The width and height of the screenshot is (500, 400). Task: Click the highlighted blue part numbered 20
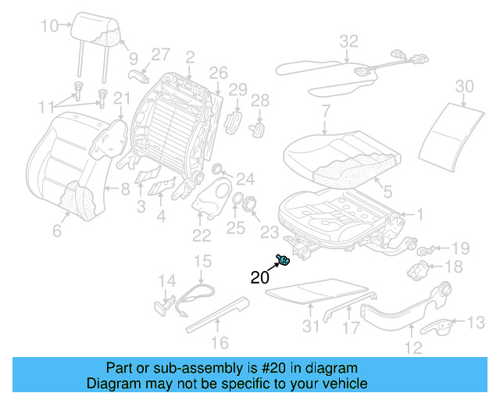(284, 260)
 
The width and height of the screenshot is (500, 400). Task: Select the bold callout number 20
(261, 277)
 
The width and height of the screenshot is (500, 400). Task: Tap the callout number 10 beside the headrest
(49, 26)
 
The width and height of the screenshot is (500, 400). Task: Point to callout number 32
(348, 40)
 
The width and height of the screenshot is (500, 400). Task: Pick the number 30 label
(464, 85)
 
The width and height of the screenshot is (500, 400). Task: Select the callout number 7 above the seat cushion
(326, 111)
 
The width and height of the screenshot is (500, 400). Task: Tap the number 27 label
(160, 54)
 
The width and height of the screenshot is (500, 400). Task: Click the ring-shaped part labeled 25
(242, 202)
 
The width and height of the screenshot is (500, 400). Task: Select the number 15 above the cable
(202, 261)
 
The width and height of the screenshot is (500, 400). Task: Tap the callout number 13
(475, 321)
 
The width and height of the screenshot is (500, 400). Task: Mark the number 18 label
(454, 267)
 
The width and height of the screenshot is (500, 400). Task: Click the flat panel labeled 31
(316, 291)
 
